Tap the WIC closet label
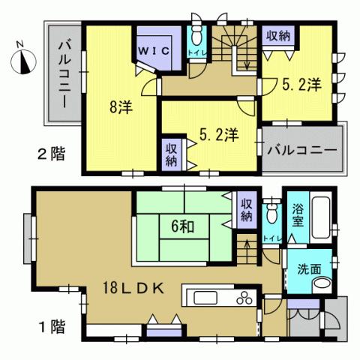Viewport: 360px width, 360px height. [156, 49]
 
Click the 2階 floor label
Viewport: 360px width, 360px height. [51, 155]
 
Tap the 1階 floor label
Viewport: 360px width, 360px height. [51, 326]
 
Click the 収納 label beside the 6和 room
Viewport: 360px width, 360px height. [246, 209]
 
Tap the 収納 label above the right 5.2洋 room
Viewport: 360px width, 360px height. [277, 36]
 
